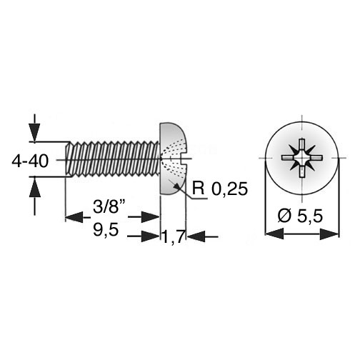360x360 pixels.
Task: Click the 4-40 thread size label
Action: tap(30, 161)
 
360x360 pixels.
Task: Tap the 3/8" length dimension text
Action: tap(109, 206)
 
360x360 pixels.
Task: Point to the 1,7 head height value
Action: tap(174, 236)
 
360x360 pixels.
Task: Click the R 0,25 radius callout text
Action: tap(220, 189)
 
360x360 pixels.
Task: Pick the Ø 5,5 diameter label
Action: tap(301, 216)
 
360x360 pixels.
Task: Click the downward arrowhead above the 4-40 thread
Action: tap(35, 133)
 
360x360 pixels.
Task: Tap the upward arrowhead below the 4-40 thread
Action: tap(35, 187)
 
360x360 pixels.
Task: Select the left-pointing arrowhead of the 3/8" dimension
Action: tap(74, 217)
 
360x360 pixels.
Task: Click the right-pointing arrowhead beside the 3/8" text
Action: tap(150, 217)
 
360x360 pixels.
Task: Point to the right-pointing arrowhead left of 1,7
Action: tap(150, 236)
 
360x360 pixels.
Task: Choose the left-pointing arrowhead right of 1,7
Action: tap(196, 236)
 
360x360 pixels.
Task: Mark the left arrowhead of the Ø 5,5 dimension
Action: tap(274, 234)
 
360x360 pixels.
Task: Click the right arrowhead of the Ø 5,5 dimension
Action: tap(329, 234)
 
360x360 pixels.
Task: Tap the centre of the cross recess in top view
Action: tap(302, 158)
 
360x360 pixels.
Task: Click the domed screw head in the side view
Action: tap(174, 159)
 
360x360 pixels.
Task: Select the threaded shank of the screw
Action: tap(112, 159)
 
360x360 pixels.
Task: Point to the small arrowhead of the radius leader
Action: tap(177, 187)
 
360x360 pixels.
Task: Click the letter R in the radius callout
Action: tap(199, 189)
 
